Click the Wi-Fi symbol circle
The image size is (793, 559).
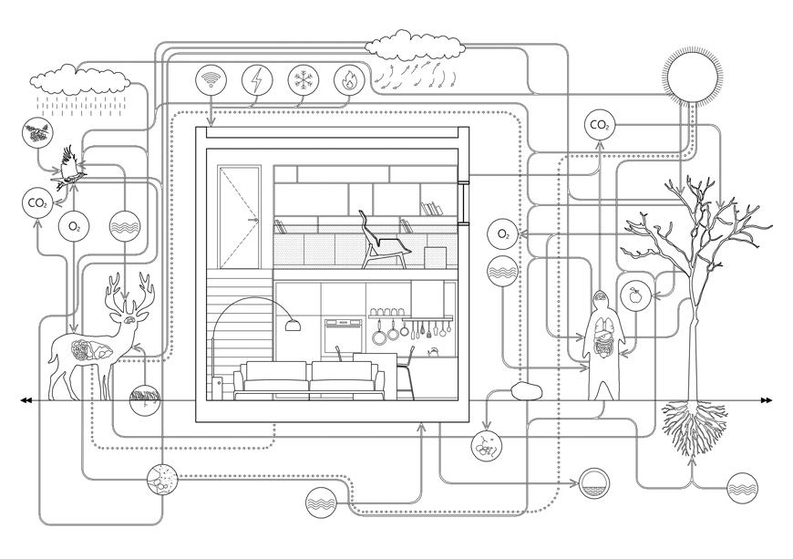click(211, 80)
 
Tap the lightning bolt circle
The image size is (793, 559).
click(256, 80)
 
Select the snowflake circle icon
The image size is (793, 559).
click(302, 80)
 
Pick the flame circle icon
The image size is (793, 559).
click(348, 80)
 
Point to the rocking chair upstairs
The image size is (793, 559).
click(384, 242)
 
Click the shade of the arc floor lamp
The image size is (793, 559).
click(292, 324)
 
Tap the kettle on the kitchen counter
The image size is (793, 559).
click(432, 350)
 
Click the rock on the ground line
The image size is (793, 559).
click(526, 393)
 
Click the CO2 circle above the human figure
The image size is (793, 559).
click(600, 124)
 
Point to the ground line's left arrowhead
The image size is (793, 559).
click(26, 400)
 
